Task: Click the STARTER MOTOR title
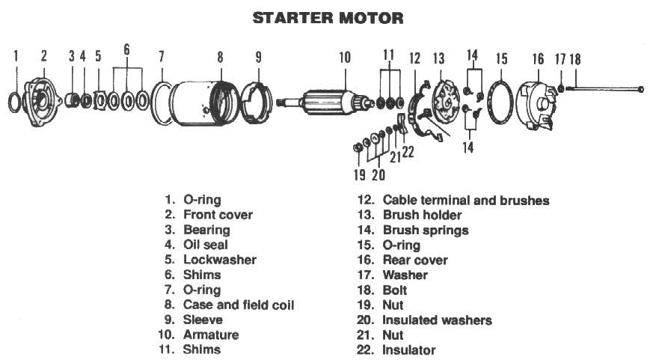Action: tap(328, 17)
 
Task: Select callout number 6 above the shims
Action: tap(126, 49)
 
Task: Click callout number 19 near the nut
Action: tap(360, 175)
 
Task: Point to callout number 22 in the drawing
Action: tap(408, 153)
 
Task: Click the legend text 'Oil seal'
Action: tap(206, 245)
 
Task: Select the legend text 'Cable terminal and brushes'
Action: tap(465, 200)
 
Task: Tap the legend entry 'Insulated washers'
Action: tap(437, 320)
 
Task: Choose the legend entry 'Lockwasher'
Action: tap(220, 260)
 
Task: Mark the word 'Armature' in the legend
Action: tap(211, 335)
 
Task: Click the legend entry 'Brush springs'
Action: tap(425, 230)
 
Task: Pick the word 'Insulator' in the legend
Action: tap(408, 350)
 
